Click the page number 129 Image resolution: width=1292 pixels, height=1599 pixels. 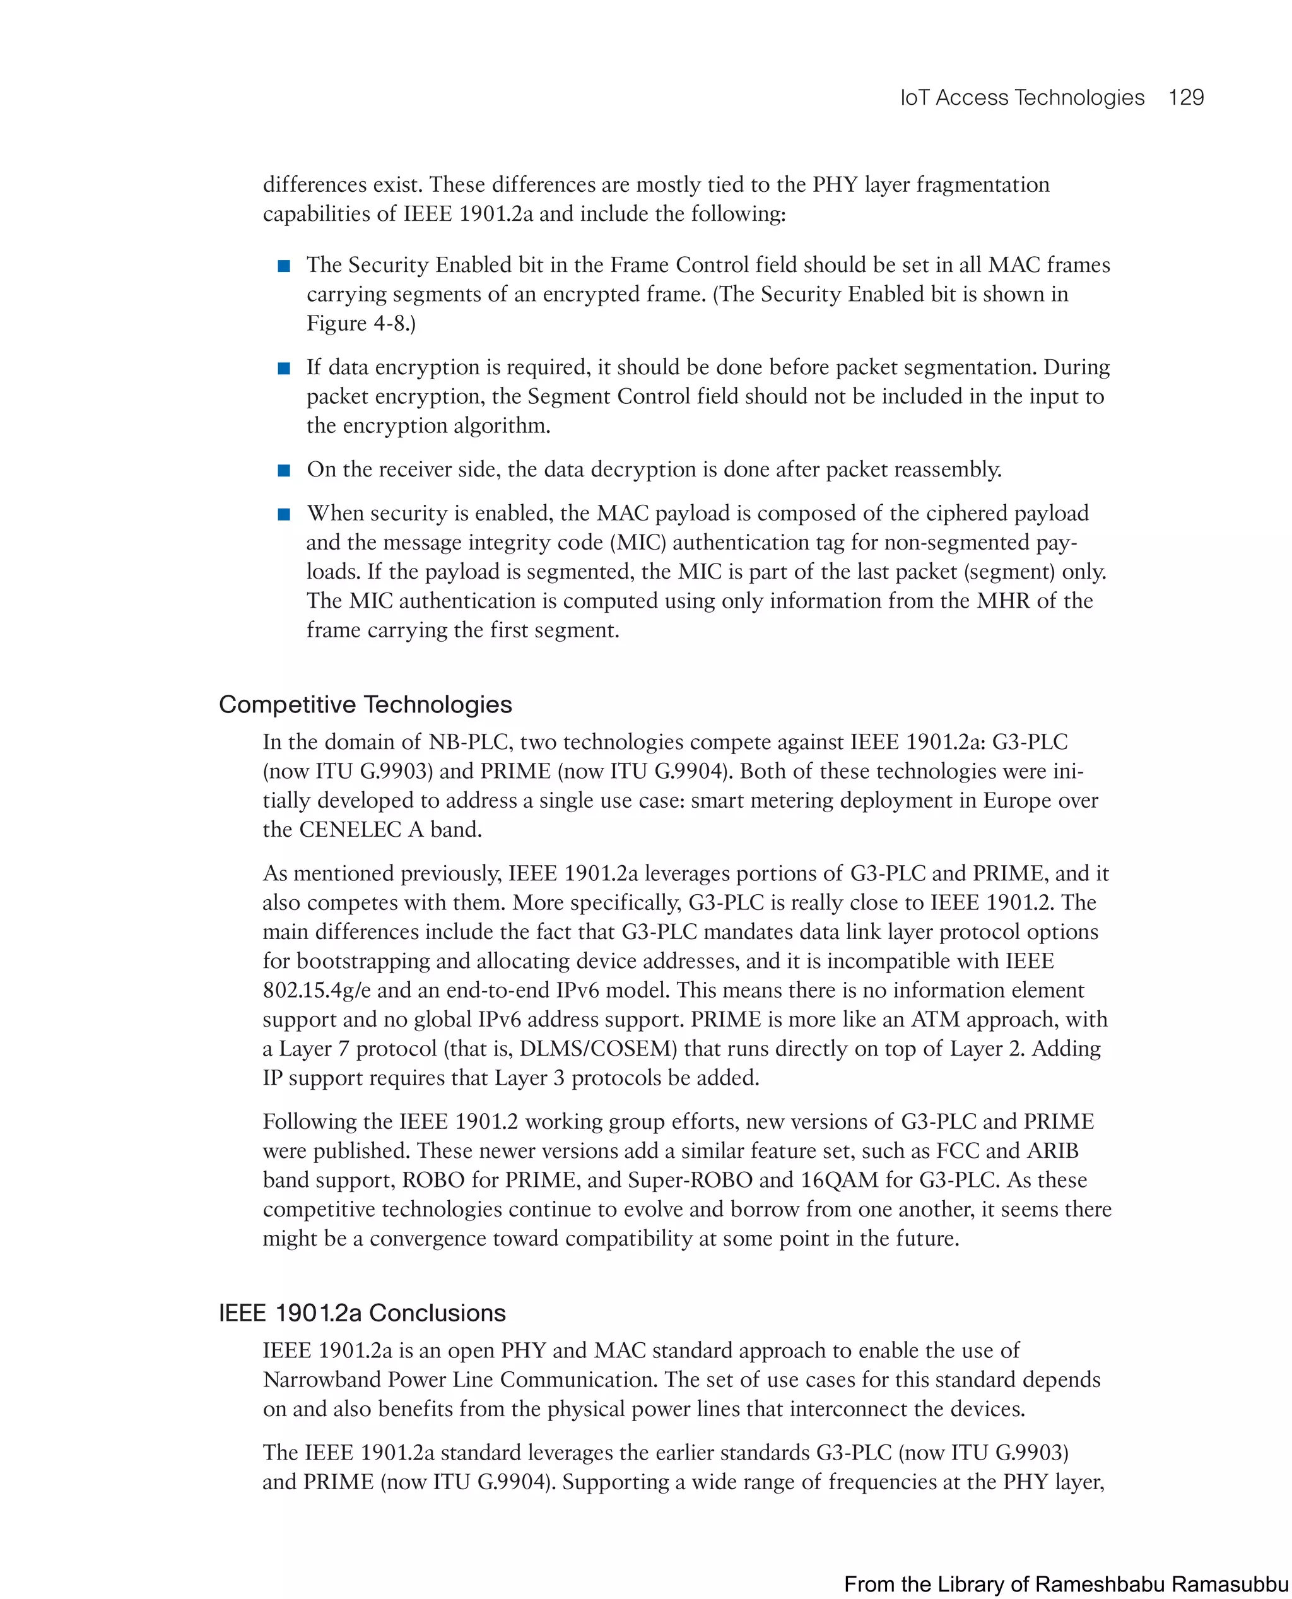pos(1185,98)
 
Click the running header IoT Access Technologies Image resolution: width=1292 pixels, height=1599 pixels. pos(1022,98)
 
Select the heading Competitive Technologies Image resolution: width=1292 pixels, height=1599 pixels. pos(365,704)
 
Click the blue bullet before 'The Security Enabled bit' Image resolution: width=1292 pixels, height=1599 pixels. pos(283,266)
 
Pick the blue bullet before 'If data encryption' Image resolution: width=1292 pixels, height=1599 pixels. pos(283,368)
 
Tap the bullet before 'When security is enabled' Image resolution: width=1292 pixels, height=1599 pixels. pos(283,514)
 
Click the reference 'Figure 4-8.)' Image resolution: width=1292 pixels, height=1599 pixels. pos(361,323)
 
